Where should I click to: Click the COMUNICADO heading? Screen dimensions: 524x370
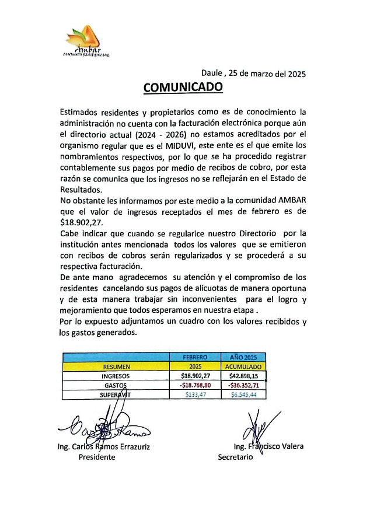pos(183,88)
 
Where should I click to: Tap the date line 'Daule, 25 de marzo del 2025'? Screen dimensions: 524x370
pos(253,74)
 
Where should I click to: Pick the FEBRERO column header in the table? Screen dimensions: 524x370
pos(194,357)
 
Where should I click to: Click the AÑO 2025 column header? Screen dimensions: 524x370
pos(243,357)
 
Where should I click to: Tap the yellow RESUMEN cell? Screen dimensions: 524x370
pos(116,366)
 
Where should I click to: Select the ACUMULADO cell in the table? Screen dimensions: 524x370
pos(243,366)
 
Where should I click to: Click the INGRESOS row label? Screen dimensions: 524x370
pos(116,376)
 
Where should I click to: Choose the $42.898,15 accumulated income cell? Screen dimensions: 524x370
pos(243,376)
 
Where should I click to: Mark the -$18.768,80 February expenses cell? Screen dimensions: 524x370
pos(194,386)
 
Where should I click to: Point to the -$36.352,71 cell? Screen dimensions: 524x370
pos(243,386)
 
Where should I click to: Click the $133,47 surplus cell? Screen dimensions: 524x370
pos(194,395)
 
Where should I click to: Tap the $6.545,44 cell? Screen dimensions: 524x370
pos(243,395)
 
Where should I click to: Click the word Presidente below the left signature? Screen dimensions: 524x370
pos(97,457)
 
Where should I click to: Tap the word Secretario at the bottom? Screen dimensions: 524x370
pos(235,457)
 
